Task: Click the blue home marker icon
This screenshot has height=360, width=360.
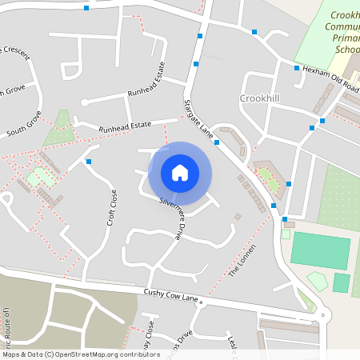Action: [180, 172]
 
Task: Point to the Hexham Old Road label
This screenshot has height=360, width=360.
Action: [328, 71]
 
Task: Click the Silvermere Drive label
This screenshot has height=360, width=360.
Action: [176, 217]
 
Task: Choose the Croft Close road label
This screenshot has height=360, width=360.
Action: [112, 207]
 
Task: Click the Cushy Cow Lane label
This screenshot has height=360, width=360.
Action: [170, 296]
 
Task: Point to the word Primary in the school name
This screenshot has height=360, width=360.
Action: [344, 37]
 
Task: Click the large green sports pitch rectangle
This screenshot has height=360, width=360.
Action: [320, 250]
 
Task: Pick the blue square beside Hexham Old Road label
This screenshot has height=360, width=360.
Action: [297, 69]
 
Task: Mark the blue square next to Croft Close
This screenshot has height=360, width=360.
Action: [88, 162]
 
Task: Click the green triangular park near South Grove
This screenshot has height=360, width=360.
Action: [57, 133]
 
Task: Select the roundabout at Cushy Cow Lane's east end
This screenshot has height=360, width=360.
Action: [324, 315]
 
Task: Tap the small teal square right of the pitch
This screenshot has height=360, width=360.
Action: [342, 282]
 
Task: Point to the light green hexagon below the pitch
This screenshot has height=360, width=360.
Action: [318, 281]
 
